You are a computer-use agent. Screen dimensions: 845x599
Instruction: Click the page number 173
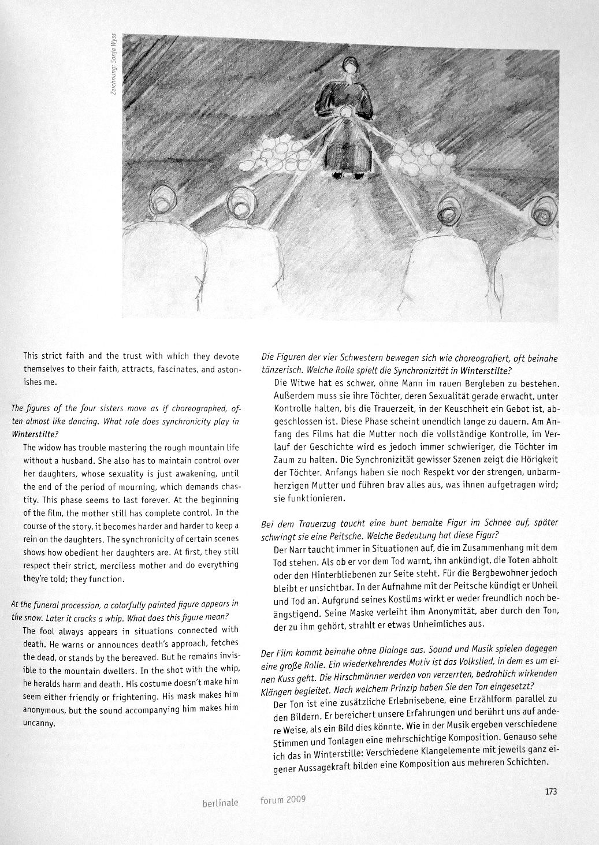click(x=550, y=792)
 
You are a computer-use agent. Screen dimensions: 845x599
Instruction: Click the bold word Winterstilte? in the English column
click(x=34, y=433)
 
